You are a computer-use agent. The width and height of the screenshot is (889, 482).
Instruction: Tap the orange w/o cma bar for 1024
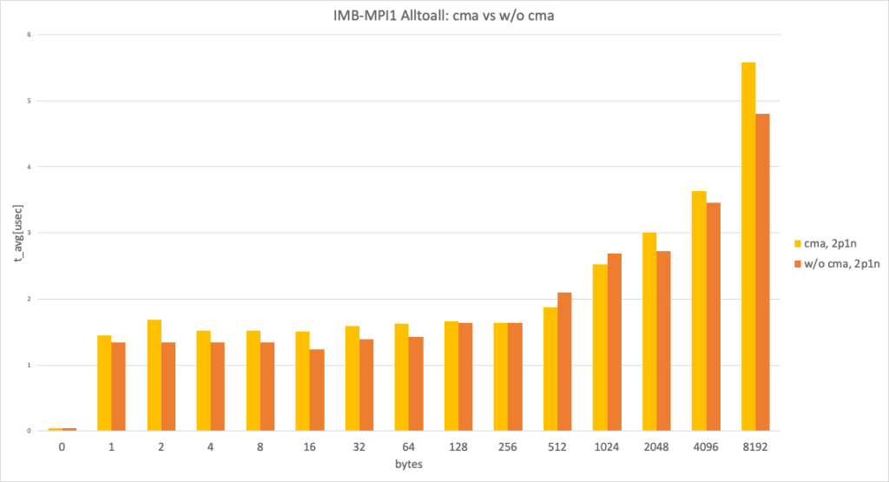pos(614,342)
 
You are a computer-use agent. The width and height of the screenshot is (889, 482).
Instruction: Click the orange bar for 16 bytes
pos(317,390)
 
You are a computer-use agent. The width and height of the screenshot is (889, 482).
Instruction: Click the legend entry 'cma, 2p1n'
pos(834,245)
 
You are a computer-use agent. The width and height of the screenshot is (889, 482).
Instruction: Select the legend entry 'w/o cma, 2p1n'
pos(841,265)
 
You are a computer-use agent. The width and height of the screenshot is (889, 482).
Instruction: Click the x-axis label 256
pos(508,449)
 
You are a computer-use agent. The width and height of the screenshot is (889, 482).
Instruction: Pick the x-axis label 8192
pos(755,449)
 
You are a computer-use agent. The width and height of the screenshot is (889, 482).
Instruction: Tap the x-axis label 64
pos(409,449)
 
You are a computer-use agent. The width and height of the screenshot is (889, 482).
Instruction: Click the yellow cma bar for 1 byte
pos(104,383)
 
